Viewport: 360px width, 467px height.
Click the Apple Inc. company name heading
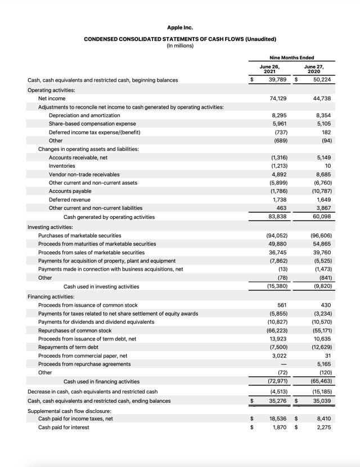pos(180,27)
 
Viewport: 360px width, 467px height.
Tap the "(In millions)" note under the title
pos(180,46)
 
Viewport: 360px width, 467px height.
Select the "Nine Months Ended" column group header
pos(291,57)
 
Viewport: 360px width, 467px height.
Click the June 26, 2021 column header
pos(269,69)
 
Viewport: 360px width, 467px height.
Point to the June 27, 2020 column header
pos(314,69)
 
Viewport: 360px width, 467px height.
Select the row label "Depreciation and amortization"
pos(84,115)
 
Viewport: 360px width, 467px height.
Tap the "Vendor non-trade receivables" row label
pos(84,174)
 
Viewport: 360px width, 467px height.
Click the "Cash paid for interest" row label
pos(64,427)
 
